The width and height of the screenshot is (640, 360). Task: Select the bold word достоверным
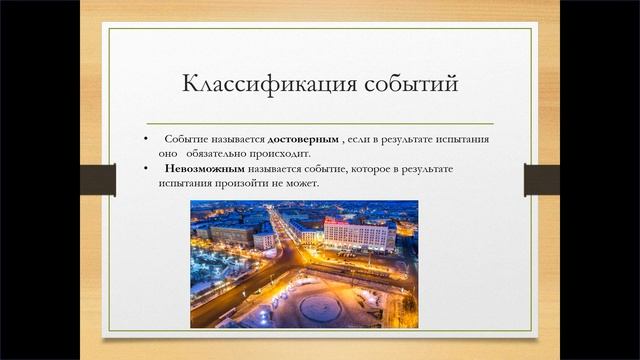(x=304, y=138)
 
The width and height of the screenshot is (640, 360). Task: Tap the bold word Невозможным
(x=204, y=169)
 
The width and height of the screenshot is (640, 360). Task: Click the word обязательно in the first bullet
(x=228, y=154)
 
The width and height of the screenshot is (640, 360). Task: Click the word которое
(x=362, y=169)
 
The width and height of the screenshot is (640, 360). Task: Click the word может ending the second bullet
(x=302, y=185)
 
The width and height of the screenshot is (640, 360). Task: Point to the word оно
(x=168, y=154)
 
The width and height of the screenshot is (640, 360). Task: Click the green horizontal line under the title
(x=320, y=121)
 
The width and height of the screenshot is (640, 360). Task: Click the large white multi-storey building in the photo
(x=358, y=236)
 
